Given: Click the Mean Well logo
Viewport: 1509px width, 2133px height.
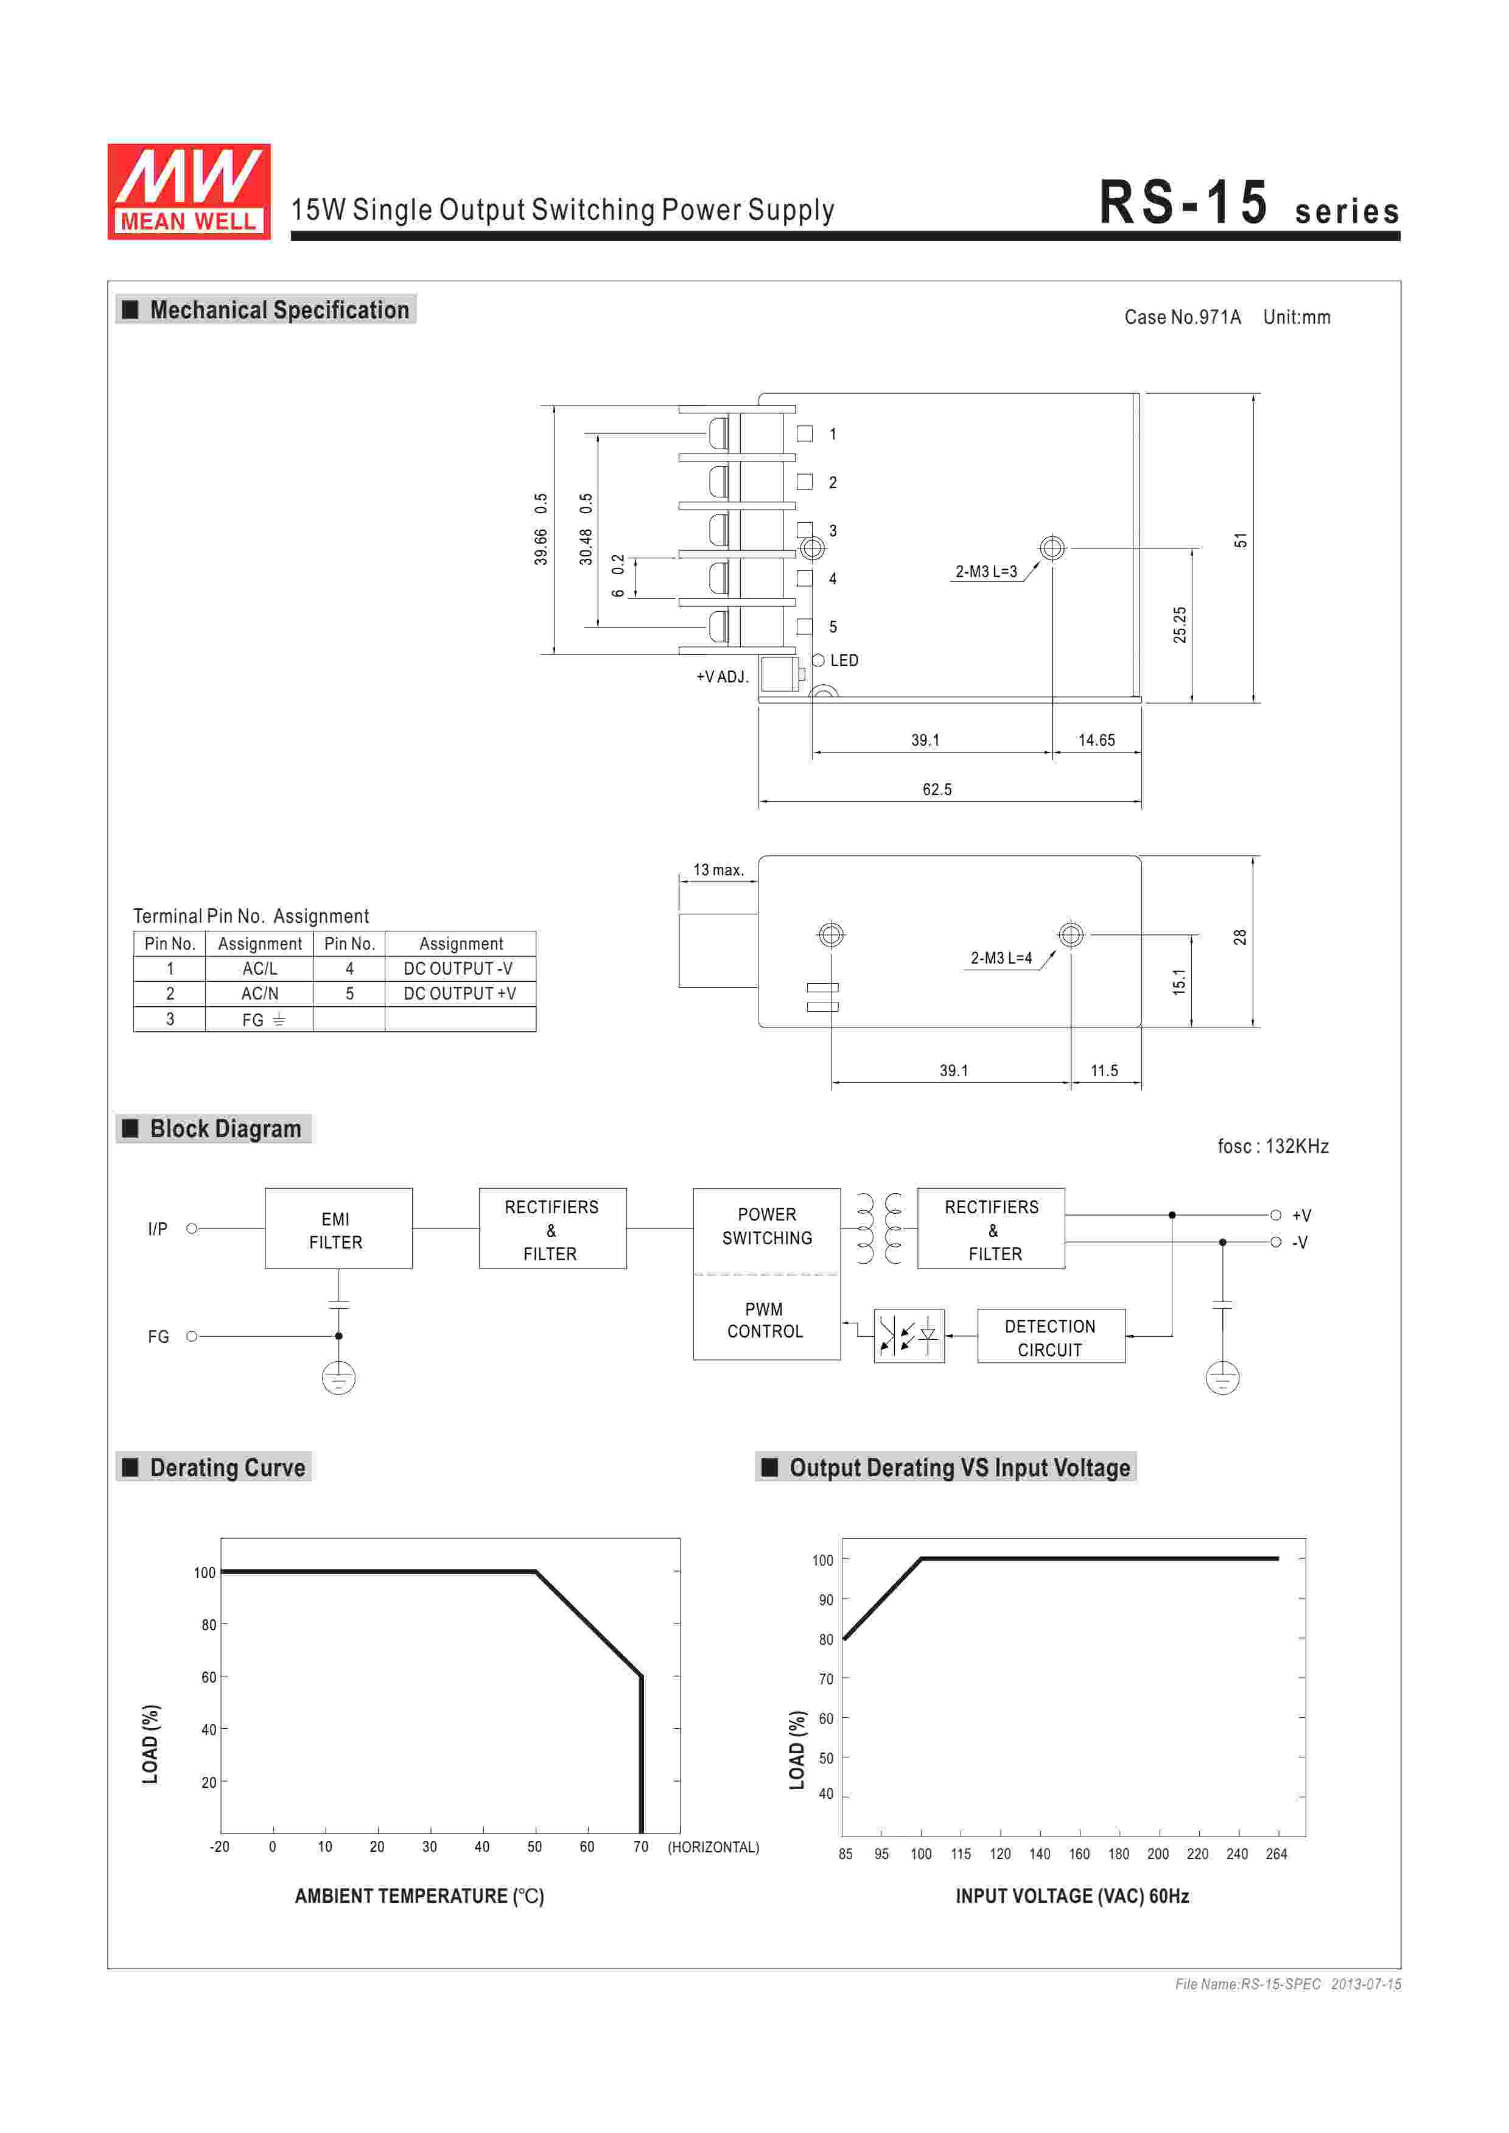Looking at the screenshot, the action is (189, 191).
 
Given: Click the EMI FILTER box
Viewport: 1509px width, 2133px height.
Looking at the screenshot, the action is (338, 1228).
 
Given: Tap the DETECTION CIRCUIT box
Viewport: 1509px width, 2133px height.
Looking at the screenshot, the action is (1051, 1337).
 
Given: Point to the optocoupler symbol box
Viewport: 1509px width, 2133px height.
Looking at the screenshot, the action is (909, 1336).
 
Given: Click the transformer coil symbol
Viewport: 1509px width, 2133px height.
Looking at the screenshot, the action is (879, 1228).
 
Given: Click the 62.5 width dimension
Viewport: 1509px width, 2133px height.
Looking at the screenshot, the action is (937, 789).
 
